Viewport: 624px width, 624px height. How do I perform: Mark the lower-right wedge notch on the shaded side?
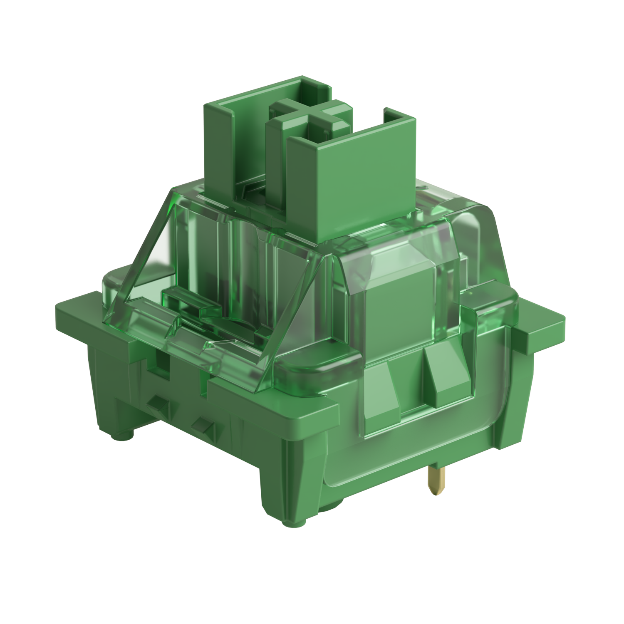pos(204,425)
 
